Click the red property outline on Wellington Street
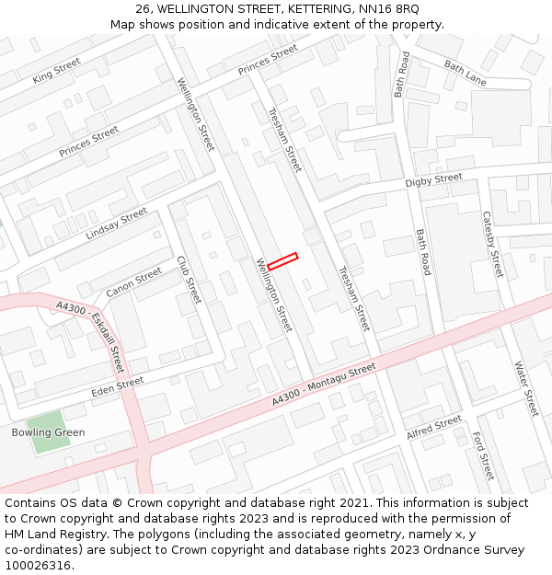[282, 261]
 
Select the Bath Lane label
[465, 73]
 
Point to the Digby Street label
[433, 180]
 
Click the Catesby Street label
[493, 244]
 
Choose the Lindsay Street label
[116, 224]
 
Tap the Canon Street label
[133, 282]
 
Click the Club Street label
[189, 280]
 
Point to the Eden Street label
[118, 387]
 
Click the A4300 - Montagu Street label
[324, 385]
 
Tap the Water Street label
[526, 388]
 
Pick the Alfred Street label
[433, 427]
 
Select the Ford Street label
[483, 455]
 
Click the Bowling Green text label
[48, 432]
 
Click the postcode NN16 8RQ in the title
[389, 9]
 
